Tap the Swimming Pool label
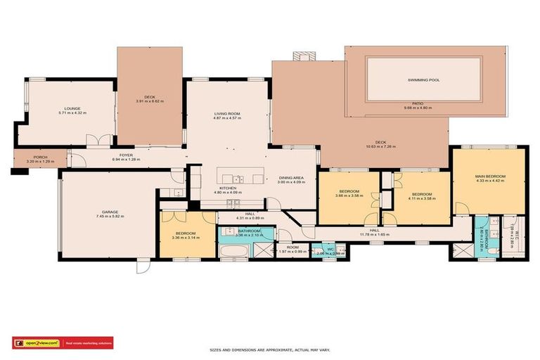coord(423,80)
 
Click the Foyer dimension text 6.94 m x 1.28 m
coord(126,160)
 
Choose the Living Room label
coord(227,114)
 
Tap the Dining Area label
coord(290,178)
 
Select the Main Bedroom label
coord(489,176)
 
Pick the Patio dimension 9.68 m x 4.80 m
coord(418,108)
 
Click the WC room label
coord(330,248)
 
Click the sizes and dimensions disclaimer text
coord(270,349)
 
